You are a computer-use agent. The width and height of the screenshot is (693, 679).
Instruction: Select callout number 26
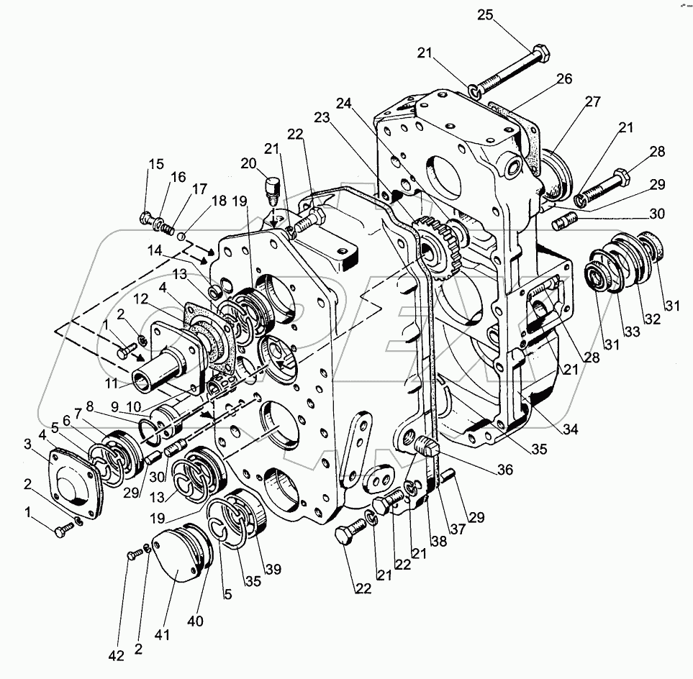point(563,79)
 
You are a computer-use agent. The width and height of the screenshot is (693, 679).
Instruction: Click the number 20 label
point(250,164)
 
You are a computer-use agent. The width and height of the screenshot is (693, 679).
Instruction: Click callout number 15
point(156,164)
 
